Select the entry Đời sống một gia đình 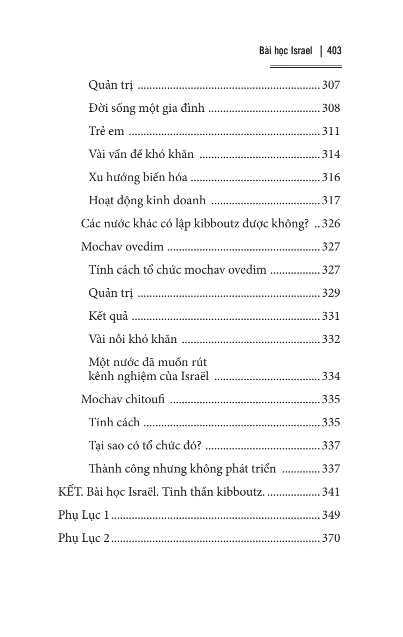coord(146,108)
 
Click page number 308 coord(331,108)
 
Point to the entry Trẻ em coord(105,131)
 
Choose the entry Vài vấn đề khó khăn coord(141,154)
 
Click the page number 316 coord(331,177)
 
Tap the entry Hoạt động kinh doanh coord(147,201)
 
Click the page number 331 coord(331,316)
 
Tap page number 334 coord(331,376)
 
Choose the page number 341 coord(331,492)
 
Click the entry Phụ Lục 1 coord(83,515)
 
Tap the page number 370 coord(331,538)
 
